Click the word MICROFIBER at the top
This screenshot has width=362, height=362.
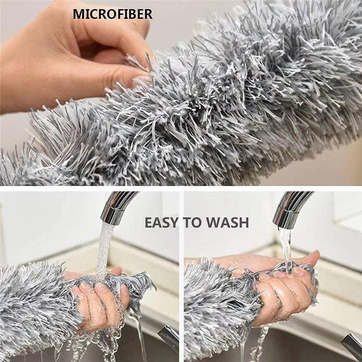(x=113, y=14)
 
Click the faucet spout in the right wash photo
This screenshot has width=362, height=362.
(x=294, y=206)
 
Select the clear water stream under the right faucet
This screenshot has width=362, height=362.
(x=286, y=244)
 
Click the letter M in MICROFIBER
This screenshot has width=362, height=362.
(x=78, y=14)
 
